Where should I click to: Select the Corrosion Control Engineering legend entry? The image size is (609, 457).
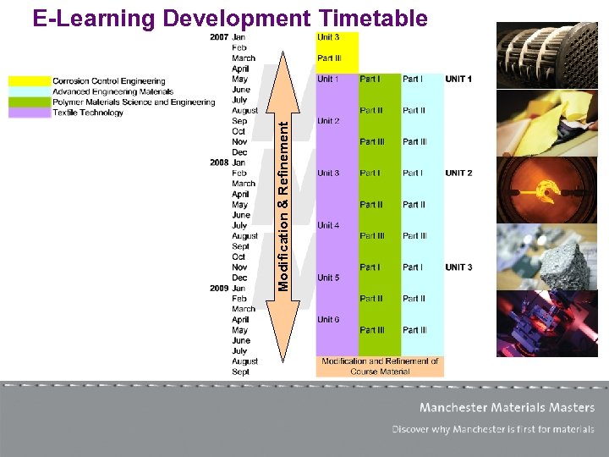tap(108, 81)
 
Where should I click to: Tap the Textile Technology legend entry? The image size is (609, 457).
tap(89, 113)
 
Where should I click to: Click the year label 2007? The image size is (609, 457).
tap(218, 37)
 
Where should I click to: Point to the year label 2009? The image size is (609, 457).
tap(218, 289)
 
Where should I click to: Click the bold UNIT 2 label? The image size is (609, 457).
tap(458, 173)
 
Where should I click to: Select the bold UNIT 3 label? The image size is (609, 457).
tap(458, 267)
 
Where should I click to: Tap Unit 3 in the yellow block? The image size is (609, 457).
tap(328, 37)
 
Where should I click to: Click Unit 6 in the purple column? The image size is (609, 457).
tap(328, 319)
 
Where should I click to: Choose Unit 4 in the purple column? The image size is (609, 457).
tap(328, 226)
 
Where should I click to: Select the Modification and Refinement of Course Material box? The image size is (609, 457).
tap(379, 366)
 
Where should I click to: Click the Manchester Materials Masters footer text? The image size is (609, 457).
tap(506, 408)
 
